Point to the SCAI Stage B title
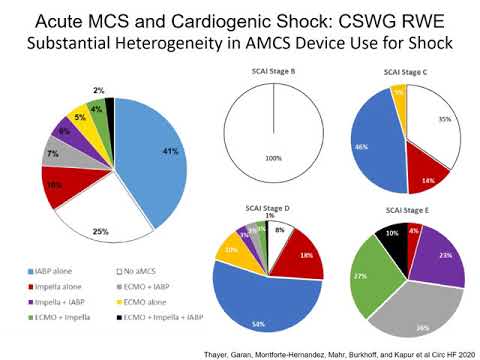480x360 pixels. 276,73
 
